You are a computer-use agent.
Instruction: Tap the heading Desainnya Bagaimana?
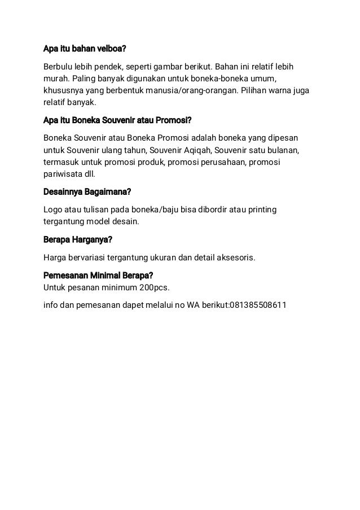(x=91, y=193)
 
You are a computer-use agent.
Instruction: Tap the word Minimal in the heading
(x=108, y=276)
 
